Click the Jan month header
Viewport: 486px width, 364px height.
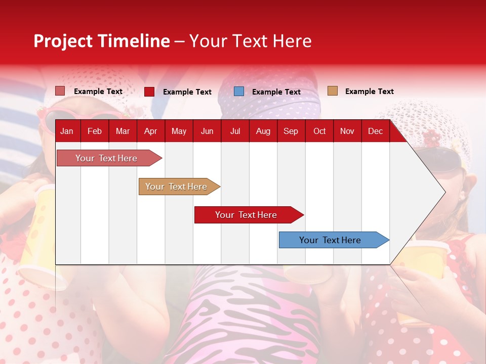point(67,131)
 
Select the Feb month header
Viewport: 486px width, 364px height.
point(95,131)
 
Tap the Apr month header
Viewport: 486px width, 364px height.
point(150,131)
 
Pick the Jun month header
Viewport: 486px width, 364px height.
point(207,131)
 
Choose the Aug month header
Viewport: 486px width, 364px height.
point(263,131)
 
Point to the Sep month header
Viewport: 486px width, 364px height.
point(291,131)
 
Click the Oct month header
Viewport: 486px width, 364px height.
point(319,131)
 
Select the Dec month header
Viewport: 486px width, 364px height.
point(375,131)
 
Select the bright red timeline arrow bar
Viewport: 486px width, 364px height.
point(247,215)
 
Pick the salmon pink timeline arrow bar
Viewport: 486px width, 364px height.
point(107,158)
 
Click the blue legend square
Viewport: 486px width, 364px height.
point(239,92)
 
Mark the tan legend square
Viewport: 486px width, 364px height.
point(332,91)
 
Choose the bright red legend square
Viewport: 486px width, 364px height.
point(149,92)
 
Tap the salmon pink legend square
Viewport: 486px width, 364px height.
point(60,91)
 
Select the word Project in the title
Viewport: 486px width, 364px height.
point(63,41)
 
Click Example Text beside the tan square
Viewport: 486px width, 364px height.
point(369,92)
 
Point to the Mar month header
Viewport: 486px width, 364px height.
point(123,131)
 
